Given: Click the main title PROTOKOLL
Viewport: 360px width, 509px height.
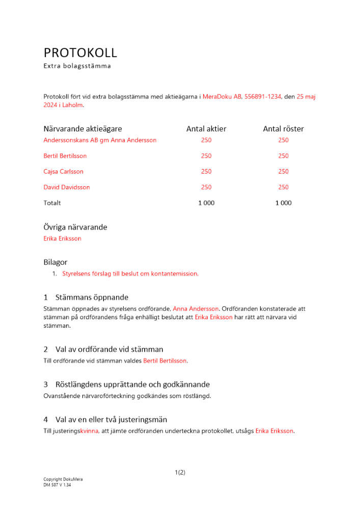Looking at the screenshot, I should (80, 52).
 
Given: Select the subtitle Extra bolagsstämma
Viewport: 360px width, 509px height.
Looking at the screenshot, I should (77, 66).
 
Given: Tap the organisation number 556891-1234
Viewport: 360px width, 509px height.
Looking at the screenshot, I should (263, 96).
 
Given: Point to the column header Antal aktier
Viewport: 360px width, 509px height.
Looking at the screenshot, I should (206, 129).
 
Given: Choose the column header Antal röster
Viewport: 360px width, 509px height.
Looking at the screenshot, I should (283, 129).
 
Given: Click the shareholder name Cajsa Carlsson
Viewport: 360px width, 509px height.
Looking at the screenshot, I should (64, 172).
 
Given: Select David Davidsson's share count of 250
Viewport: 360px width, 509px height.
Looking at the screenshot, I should (206, 187).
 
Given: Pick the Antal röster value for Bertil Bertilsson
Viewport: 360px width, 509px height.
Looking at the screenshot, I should (283, 156).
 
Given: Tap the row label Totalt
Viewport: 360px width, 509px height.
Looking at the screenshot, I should (52, 203).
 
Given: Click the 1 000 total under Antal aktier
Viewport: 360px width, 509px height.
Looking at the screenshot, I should (206, 203).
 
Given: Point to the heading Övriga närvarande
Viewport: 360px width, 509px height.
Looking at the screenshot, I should (75, 228).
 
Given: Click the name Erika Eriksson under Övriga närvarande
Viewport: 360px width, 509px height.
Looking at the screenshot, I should (62, 238).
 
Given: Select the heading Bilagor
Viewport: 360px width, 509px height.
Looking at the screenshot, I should (56, 263).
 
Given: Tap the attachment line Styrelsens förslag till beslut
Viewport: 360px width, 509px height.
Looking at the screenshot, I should (130, 274).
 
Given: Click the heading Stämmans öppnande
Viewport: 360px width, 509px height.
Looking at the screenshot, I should (92, 297).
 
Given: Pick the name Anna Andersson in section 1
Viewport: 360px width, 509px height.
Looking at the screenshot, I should (196, 308).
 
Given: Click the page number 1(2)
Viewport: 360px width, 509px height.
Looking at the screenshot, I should (180, 472).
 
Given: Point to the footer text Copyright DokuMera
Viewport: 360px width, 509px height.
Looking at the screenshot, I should (63, 479).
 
